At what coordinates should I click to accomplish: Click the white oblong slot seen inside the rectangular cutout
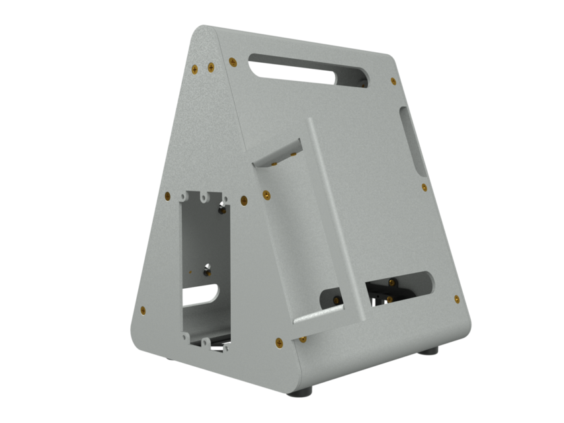200,295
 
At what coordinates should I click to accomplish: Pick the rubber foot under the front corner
300,391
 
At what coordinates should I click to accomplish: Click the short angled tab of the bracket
277,153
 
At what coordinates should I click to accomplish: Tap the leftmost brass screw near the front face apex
194,69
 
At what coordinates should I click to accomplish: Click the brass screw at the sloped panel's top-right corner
393,81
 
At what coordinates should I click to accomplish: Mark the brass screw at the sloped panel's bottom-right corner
456,299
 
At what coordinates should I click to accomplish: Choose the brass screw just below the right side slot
424,187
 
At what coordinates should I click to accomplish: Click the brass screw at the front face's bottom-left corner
143,309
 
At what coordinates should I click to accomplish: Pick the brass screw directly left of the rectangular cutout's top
168,196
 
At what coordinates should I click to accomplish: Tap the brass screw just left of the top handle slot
233,62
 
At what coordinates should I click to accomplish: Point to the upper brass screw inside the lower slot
391,283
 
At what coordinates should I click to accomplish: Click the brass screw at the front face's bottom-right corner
279,342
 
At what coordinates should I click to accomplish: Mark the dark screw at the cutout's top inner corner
222,210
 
